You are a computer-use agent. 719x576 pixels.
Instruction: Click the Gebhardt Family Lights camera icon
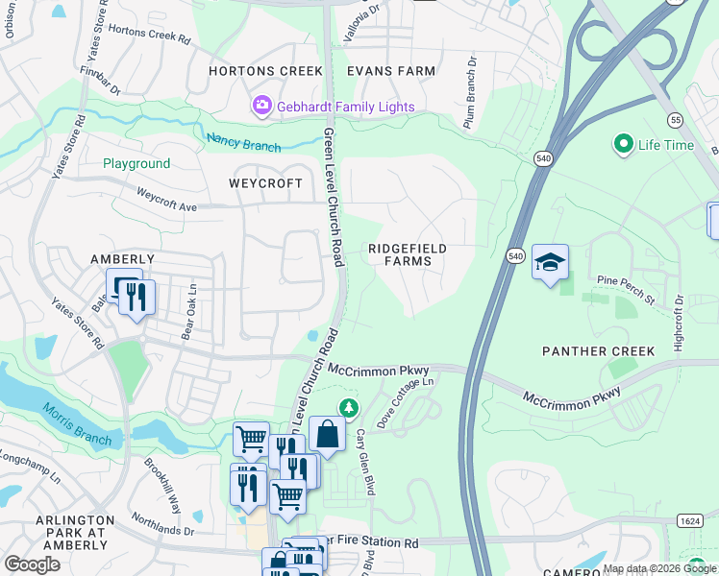point(260,107)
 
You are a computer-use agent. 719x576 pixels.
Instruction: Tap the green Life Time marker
point(623,145)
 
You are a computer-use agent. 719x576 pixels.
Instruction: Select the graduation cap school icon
point(550,262)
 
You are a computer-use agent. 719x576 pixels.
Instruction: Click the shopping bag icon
point(327,433)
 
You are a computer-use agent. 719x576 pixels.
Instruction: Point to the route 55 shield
point(676,120)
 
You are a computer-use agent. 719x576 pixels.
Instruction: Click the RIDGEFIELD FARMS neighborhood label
point(408,254)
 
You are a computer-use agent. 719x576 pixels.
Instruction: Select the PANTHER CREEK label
point(598,351)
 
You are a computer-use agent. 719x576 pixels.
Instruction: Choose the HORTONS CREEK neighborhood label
point(254,71)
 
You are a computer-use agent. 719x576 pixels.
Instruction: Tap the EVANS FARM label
point(390,71)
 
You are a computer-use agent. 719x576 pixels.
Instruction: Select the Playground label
point(136,164)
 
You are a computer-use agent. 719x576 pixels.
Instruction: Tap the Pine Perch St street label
point(625,290)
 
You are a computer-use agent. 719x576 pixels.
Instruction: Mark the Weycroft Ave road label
point(166,199)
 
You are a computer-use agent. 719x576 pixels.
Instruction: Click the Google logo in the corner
point(32,564)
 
